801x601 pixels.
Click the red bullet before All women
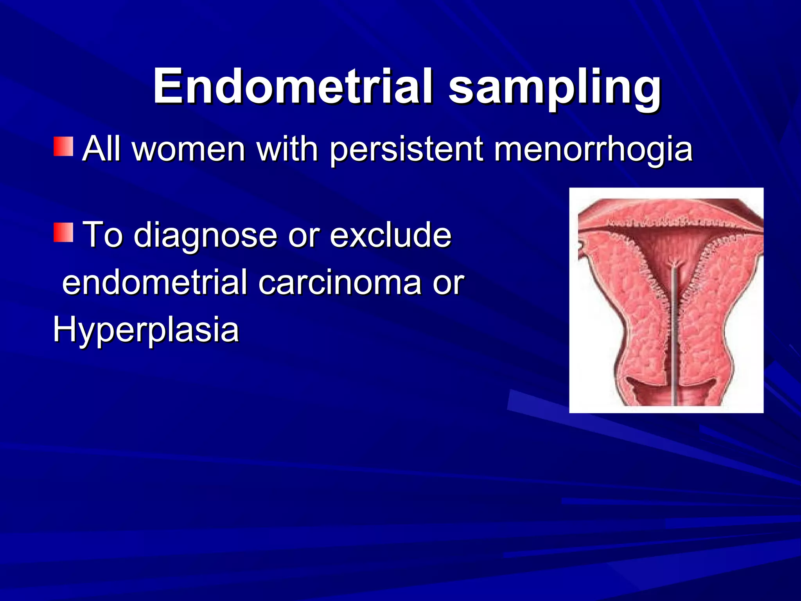[63, 147]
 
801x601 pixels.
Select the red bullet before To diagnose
[63, 232]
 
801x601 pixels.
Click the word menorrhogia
[593, 149]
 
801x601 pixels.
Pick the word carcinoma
[339, 283]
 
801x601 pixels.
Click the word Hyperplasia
[146, 330]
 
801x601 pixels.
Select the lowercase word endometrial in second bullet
[155, 283]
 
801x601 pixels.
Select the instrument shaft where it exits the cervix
[675, 395]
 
